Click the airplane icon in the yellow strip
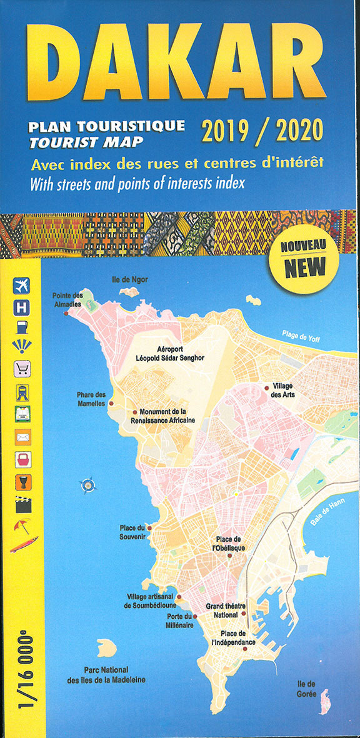click(22, 286)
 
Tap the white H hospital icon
click(22, 307)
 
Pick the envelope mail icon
click(22, 437)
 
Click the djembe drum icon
click(22, 482)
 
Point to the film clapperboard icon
click(22, 504)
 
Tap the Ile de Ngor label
click(129, 279)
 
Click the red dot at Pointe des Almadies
click(66, 313)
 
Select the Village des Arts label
click(282, 391)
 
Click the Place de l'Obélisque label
click(230, 543)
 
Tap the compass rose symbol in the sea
click(87, 484)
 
